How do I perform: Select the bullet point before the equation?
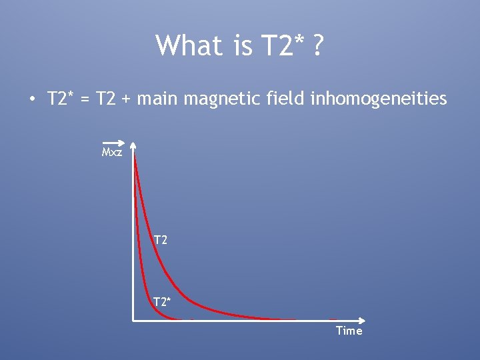(x=31, y=100)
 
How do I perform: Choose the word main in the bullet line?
(x=159, y=99)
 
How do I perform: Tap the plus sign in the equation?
(x=127, y=100)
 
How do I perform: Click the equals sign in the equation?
(x=83, y=100)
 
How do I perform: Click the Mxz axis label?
(x=112, y=153)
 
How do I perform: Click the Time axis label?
(x=349, y=331)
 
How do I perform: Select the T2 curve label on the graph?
(x=160, y=239)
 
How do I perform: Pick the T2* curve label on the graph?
(x=162, y=302)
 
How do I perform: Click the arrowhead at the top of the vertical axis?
(x=133, y=145)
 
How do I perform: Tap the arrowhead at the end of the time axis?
(x=362, y=320)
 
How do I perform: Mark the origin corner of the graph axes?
(x=133, y=320)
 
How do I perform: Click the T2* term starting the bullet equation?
(x=60, y=99)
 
